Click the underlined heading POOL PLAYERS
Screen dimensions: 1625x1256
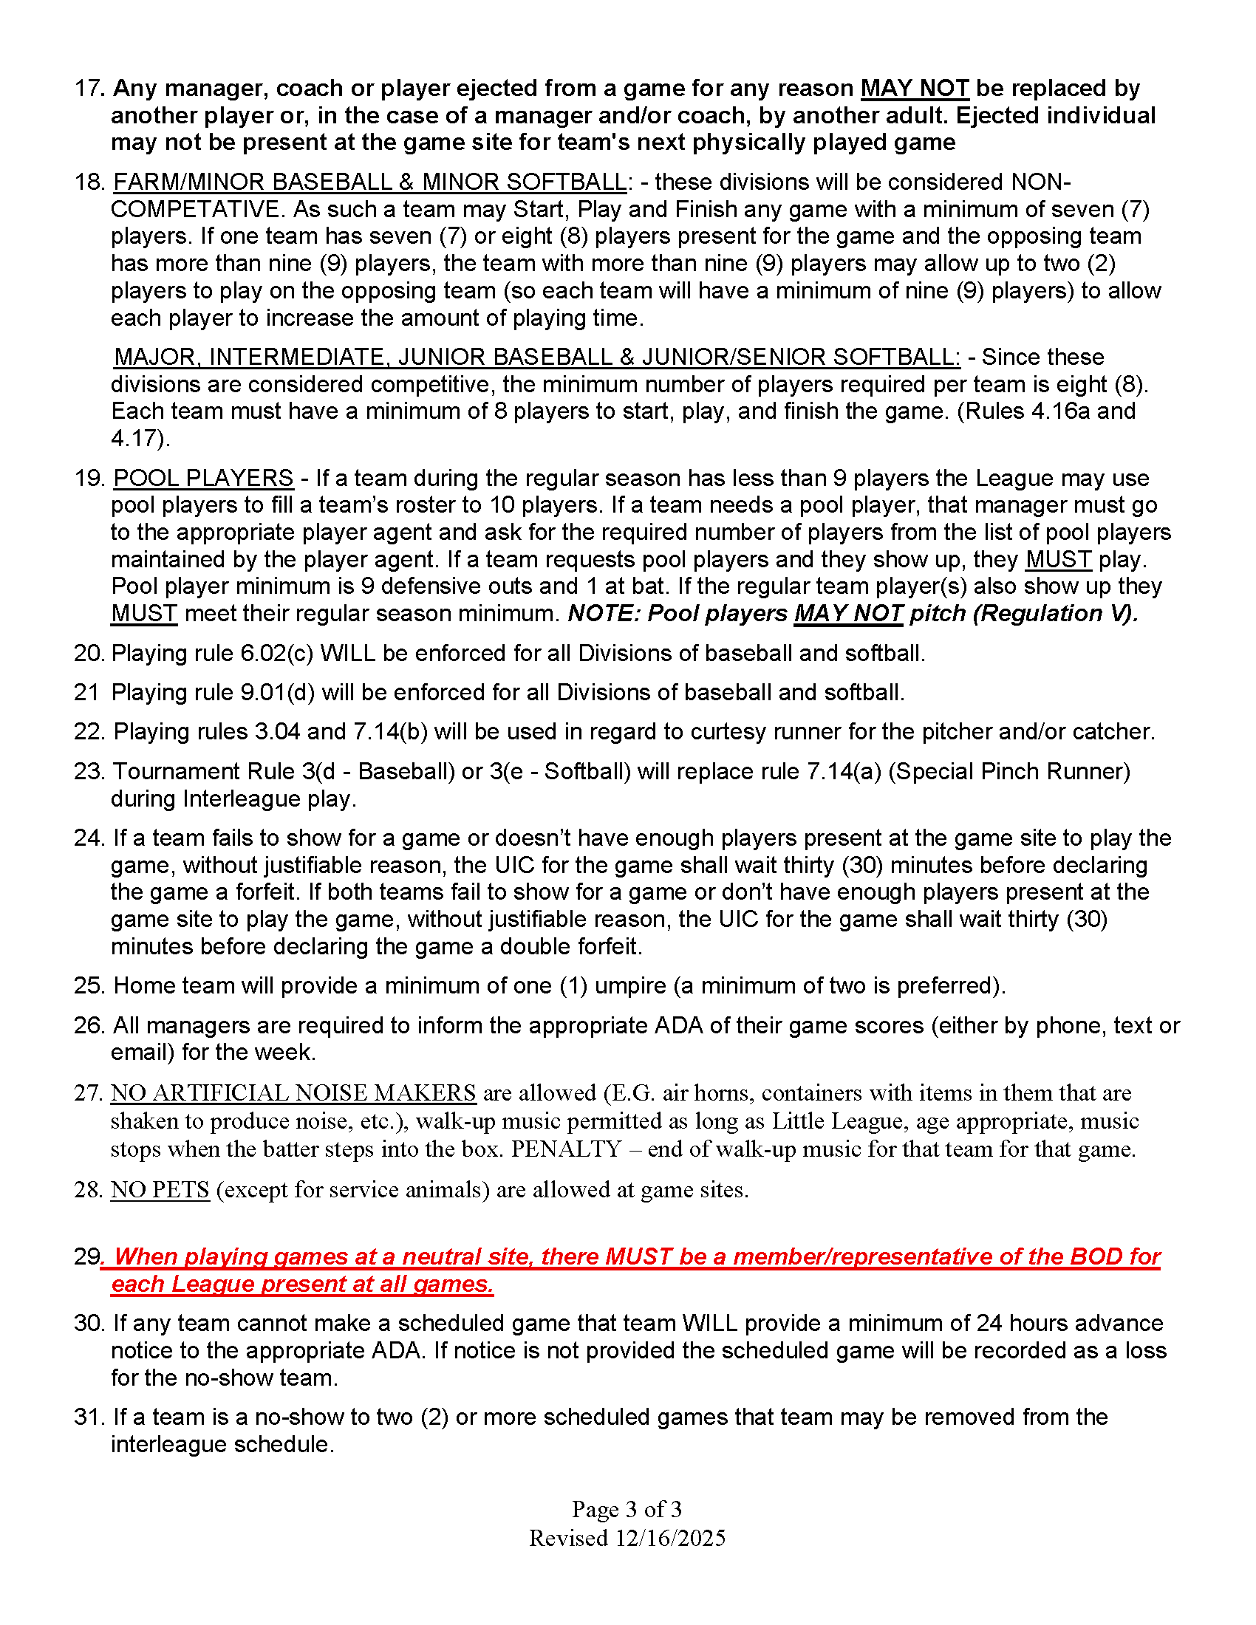(x=203, y=478)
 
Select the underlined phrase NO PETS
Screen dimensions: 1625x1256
(x=160, y=1190)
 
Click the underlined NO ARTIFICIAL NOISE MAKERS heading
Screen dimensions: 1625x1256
(x=293, y=1093)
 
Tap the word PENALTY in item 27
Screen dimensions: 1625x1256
(x=565, y=1149)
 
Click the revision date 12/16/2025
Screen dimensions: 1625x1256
(x=669, y=1538)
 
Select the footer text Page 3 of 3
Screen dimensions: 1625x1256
(x=627, y=1509)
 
